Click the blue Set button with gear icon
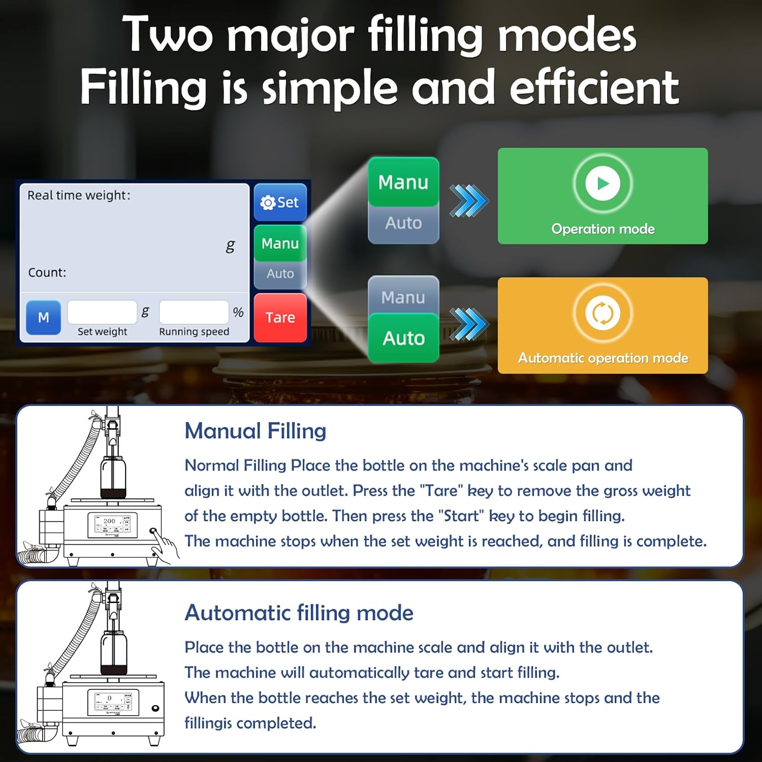280,202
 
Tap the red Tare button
280,317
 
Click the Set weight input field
102,312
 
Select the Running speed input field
194,312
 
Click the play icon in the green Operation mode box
602,183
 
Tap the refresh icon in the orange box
602,313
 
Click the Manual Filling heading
256,431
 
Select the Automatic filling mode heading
299,613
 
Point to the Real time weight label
79,196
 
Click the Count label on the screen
47,273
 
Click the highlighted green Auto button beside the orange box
403,338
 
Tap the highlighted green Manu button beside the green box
403,182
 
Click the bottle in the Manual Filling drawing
113,477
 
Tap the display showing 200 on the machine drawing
113,525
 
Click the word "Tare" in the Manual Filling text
441,491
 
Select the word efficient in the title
594,87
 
